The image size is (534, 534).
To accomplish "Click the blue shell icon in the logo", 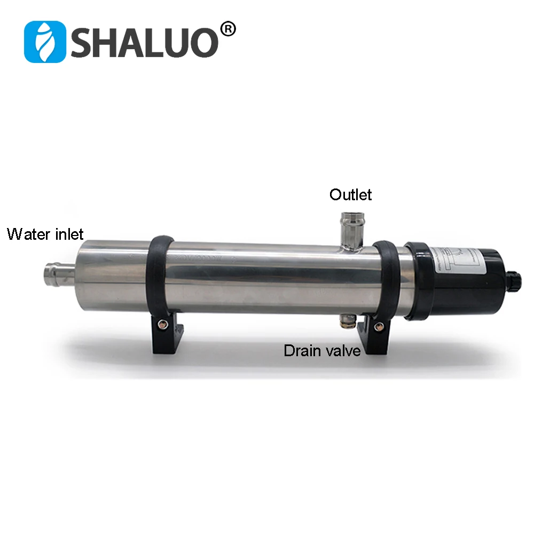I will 44,41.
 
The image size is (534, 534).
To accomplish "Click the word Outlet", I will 350,194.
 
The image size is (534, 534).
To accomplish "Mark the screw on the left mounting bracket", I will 160,322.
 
